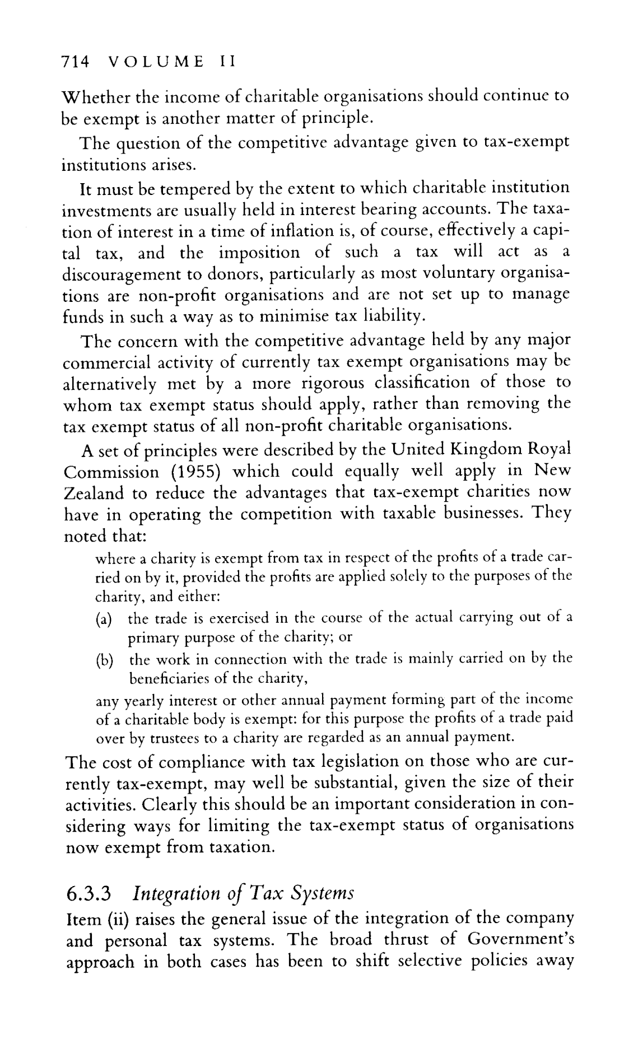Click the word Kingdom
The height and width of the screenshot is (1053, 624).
pos(487,449)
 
